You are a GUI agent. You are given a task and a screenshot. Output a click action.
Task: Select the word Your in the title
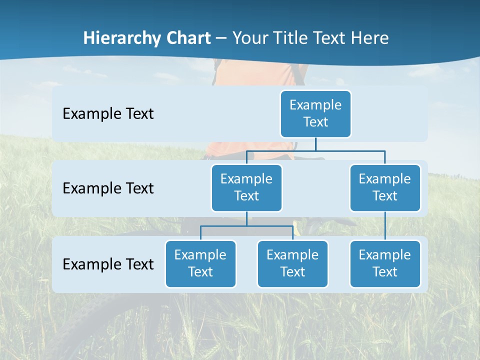click(252, 38)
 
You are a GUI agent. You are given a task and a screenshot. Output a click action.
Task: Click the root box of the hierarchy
click(315, 113)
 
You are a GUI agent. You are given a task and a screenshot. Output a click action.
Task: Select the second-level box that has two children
click(246, 187)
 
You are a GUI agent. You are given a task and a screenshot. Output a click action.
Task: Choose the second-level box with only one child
click(384, 187)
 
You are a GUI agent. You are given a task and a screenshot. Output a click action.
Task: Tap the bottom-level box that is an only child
click(384, 263)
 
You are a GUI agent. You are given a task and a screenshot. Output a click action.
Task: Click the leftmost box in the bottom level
click(200, 263)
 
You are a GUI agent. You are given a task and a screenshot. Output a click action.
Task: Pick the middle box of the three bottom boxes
click(292, 263)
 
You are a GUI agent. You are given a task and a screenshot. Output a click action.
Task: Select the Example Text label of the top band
click(108, 113)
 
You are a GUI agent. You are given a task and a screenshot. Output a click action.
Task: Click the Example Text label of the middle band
click(108, 188)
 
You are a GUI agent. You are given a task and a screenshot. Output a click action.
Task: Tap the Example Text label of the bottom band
click(108, 264)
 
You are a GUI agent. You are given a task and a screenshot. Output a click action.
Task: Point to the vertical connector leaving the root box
click(315, 144)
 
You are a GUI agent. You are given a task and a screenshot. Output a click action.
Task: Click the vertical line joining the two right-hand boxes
click(385, 226)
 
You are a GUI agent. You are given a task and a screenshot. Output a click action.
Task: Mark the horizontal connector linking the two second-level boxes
click(315, 150)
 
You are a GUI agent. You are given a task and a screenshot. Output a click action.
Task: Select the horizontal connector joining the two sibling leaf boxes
click(246, 226)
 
